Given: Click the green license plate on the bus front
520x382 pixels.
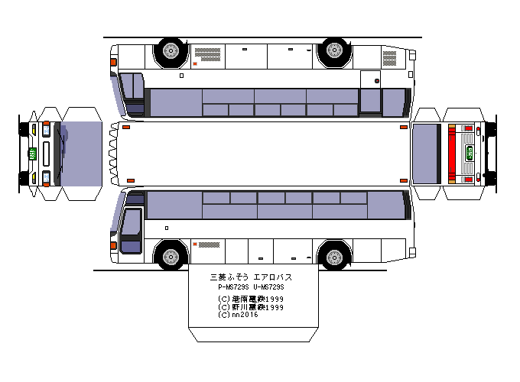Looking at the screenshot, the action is coord(33,153).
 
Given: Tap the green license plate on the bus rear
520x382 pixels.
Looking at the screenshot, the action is coord(471,154).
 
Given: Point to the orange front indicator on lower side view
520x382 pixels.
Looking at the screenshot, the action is coord(114,246).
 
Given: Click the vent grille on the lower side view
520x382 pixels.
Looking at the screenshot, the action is coord(209,244).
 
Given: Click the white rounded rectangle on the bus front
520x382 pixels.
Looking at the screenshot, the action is coord(46,153).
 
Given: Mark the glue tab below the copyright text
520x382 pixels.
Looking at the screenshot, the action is coord(253,335).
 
